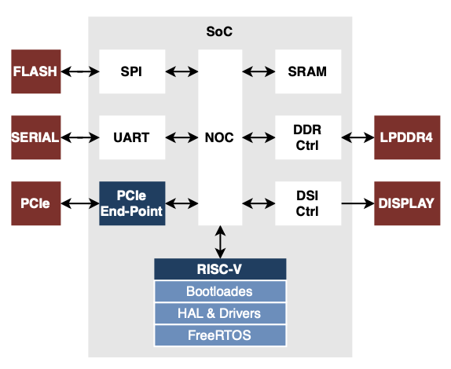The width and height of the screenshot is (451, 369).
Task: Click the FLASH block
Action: [x=35, y=71]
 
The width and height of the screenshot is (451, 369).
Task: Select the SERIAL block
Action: [x=35, y=137]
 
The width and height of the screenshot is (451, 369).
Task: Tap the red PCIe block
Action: [x=35, y=203]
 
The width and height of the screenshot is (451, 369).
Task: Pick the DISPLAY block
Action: [x=406, y=203]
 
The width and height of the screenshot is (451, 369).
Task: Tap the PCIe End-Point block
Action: [x=133, y=203]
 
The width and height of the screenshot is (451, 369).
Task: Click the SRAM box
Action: [x=308, y=71]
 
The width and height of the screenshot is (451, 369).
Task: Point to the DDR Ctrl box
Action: [x=308, y=137]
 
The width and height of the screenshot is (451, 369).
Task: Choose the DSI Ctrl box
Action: [x=308, y=203]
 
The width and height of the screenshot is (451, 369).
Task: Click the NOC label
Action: [x=220, y=137]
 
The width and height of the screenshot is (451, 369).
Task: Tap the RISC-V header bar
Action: [x=220, y=270]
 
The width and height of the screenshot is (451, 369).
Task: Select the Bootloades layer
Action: [x=220, y=291]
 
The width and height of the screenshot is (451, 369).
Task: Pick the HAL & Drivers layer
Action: [x=220, y=313]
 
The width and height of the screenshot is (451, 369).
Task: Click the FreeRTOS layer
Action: [x=220, y=335]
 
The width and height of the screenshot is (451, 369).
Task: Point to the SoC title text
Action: [x=219, y=32]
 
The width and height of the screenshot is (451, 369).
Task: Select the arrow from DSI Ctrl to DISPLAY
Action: [x=357, y=203]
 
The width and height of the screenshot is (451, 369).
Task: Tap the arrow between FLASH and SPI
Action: [x=79, y=71]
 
